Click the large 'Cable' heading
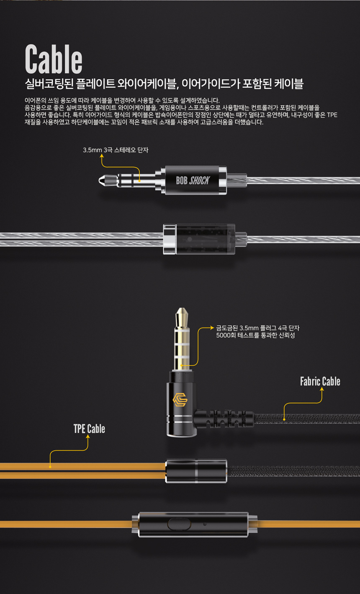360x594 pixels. click(x=54, y=59)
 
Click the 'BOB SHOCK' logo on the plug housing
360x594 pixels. click(x=193, y=181)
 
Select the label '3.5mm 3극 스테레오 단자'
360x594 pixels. click(x=116, y=150)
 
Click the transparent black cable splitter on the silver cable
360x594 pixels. click(x=199, y=239)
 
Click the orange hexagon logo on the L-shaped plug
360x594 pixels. click(x=180, y=400)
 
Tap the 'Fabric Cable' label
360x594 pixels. click(x=320, y=381)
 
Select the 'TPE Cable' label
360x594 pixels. click(x=89, y=429)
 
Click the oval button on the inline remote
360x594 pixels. click(x=179, y=524)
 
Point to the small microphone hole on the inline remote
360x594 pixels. click(x=205, y=524)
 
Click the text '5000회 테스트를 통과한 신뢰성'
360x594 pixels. click(x=255, y=336)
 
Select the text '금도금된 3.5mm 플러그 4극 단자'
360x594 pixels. click(x=258, y=328)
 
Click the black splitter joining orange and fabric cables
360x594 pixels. click(x=196, y=471)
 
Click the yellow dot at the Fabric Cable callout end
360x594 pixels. click(x=284, y=419)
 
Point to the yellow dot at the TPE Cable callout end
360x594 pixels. click(x=50, y=467)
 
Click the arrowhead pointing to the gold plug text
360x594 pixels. click(x=212, y=328)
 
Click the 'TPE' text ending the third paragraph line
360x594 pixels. click(x=332, y=115)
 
